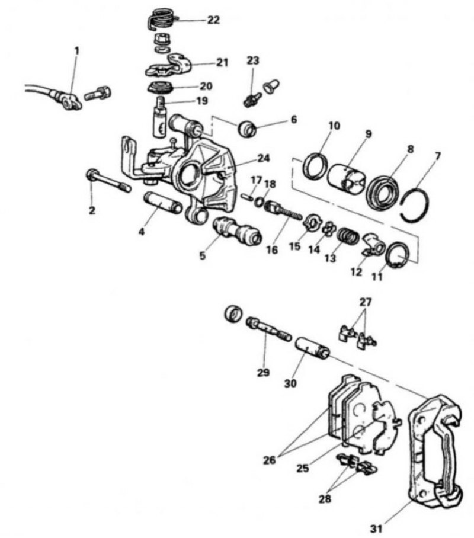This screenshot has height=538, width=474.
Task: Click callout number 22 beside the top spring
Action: click(x=213, y=20)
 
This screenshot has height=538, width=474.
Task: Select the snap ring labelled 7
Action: click(x=415, y=205)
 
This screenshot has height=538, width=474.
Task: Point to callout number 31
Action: click(x=376, y=529)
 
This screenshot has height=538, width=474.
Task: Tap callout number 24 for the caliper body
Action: click(x=263, y=158)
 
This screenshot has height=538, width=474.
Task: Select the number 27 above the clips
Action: click(x=365, y=302)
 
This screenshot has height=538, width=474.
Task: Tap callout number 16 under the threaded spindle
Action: click(x=272, y=250)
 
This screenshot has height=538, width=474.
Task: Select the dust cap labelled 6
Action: click(x=248, y=129)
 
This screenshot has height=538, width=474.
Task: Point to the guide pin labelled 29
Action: click(x=268, y=329)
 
